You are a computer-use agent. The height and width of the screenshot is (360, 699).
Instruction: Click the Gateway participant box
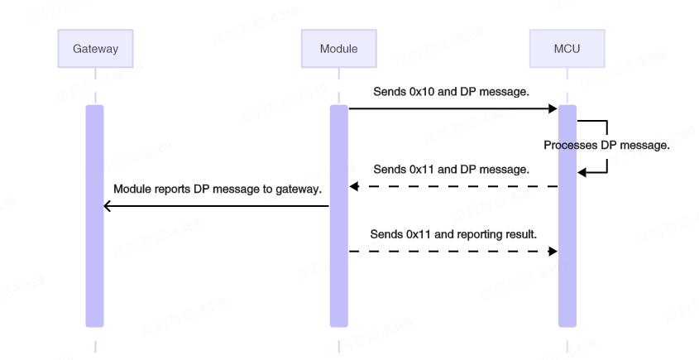click(x=95, y=49)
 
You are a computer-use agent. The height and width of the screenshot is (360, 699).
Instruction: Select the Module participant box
click(x=339, y=49)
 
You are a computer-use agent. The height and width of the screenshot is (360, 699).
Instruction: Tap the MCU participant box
click(x=567, y=49)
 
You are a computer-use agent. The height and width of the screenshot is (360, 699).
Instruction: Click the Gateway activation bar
click(x=95, y=215)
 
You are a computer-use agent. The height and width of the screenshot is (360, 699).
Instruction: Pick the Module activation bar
click(x=339, y=215)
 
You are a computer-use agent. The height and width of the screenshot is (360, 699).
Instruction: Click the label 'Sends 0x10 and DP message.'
click(x=451, y=92)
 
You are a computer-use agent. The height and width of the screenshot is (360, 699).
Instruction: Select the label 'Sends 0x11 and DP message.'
click(x=451, y=170)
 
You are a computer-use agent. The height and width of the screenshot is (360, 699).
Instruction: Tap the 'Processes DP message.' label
click(x=606, y=146)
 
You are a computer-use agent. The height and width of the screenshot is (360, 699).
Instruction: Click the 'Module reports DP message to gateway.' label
click(x=217, y=190)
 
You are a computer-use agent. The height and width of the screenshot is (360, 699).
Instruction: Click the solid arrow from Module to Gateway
click(x=217, y=206)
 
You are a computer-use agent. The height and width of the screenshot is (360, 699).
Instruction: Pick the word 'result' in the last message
click(x=521, y=234)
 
